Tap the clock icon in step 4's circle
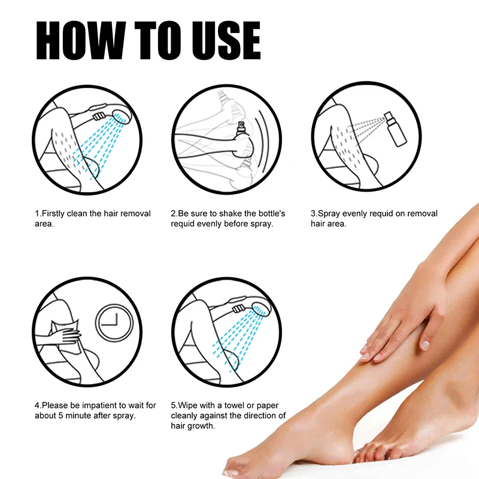114,324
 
